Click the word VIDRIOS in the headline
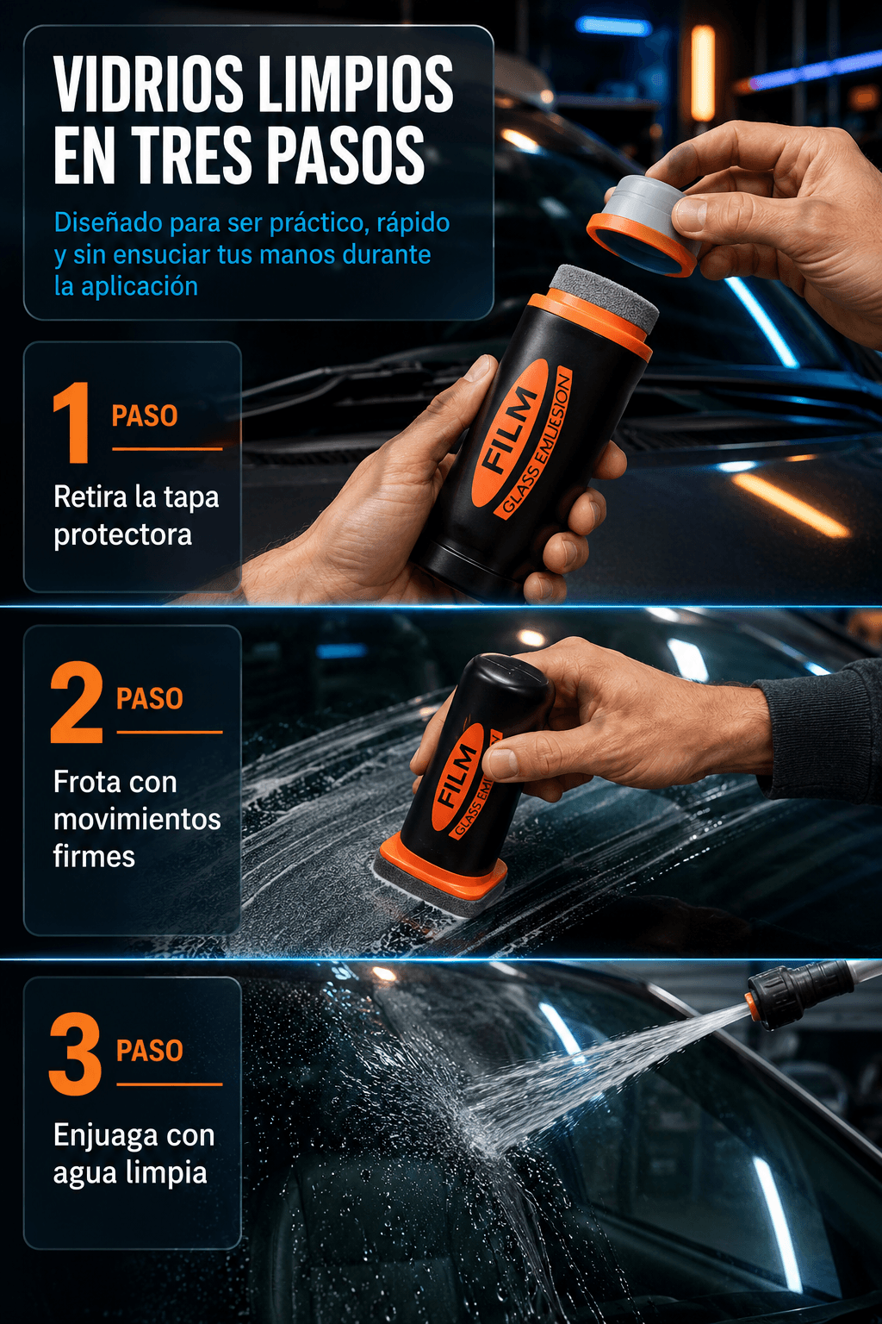[x=148, y=84]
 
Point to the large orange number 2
[x=76, y=702]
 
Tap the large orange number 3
[x=75, y=1054]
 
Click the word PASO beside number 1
[x=145, y=415]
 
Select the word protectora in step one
[x=123, y=535]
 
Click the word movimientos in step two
[x=137, y=819]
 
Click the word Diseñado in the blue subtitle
[x=109, y=222]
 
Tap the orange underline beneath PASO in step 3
[x=170, y=1084]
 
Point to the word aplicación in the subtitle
[x=140, y=287]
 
